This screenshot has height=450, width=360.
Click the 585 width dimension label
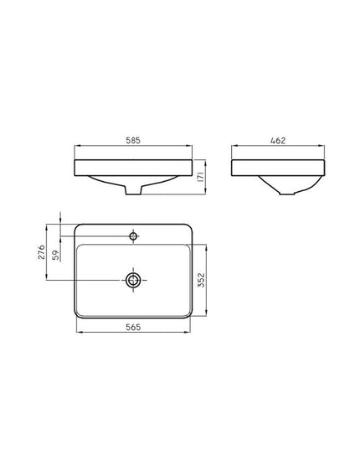tap(133, 140)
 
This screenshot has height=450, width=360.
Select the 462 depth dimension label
tap(278, 141)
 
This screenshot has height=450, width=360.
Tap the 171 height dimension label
tap(201, 177)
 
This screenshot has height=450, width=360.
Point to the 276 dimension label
tap(42, 252)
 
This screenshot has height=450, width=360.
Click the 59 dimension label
tap(55, 255)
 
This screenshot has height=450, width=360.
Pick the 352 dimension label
tap(202, 280)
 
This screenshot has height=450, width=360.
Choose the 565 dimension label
tap(133, 327)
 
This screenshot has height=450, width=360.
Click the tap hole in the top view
tap(133, 236)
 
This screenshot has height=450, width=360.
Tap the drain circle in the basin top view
tap(133, 280)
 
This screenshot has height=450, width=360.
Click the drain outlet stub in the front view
tap(133, 190)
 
